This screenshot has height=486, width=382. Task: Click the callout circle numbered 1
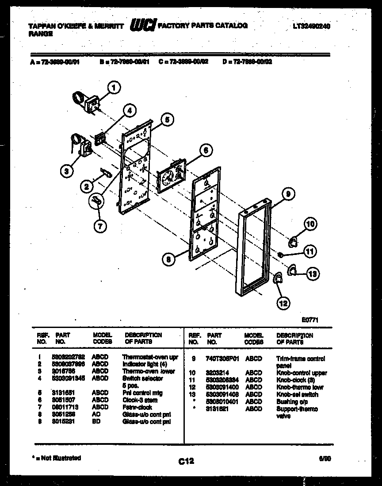coord(114,88)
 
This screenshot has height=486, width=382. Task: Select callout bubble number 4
coord(129,112)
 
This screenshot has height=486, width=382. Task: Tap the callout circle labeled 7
coord(100,226)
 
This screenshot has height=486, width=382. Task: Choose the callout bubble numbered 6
coord(205,150)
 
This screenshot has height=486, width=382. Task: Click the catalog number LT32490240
coord(311,26)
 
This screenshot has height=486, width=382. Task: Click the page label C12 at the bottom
coord(186,461)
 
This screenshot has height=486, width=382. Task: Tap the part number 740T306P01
coord(222,359)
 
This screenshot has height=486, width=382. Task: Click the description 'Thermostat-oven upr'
coord(150,357)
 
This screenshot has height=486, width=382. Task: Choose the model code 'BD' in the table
coord(96,422)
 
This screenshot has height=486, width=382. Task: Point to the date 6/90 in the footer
coord(325,459)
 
